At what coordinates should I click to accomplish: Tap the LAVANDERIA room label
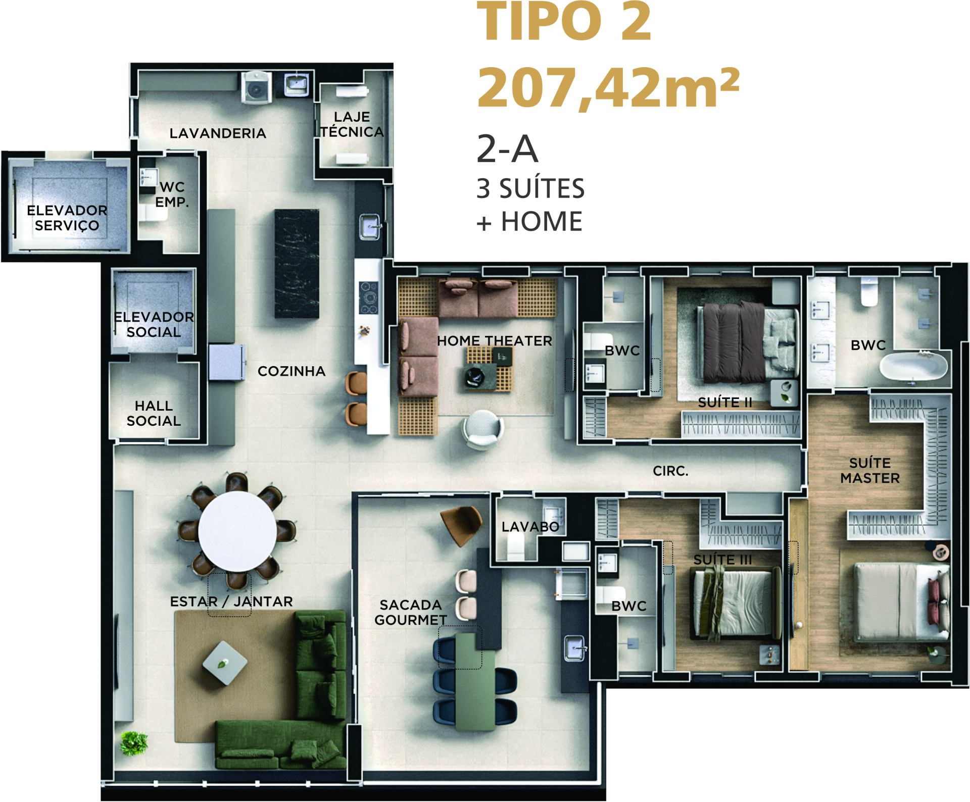218,133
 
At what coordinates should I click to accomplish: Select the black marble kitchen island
297,264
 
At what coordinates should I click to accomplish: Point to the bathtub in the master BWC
913,366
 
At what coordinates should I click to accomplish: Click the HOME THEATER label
495,341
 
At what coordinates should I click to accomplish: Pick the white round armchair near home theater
482,429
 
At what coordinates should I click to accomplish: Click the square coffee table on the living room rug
225,663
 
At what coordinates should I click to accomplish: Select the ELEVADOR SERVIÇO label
67,218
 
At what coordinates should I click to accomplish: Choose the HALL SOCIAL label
154,413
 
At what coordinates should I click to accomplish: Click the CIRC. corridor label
670,471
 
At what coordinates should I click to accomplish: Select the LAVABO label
530,527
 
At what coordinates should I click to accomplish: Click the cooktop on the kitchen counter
369,297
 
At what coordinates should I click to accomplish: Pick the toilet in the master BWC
869,292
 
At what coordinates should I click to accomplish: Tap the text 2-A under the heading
507,149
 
